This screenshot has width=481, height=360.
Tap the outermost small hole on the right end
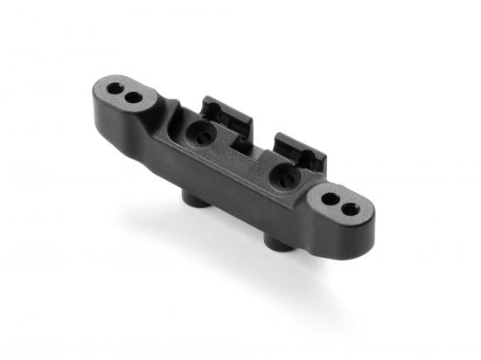point(350,210)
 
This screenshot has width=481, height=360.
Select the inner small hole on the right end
point(330,199)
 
